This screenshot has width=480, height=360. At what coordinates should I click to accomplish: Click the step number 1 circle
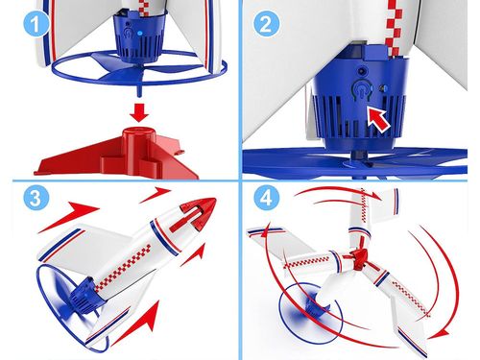[x=36, y=23]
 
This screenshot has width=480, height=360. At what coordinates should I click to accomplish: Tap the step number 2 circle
[x=266, y=23]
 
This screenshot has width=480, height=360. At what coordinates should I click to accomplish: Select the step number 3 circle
[x=36, y=197]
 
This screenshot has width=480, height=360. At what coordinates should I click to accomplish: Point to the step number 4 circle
[x=266, y=197]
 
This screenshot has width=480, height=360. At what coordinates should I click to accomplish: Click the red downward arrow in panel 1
[x=139, y=112]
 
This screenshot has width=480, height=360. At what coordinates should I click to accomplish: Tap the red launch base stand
[x=117, y=153]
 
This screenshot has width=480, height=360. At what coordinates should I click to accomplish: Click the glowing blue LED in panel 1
[x=139, y=33]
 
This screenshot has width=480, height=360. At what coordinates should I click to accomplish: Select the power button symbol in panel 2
[x=361, y=89]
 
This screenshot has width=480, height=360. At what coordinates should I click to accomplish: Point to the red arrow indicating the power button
[x=378, y=119]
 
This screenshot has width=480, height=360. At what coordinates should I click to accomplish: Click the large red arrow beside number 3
[x=68, y=216]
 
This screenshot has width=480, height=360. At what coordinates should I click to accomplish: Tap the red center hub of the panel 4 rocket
[x=357, y=257]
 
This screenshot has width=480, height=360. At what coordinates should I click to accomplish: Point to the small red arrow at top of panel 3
[x=155, y=194]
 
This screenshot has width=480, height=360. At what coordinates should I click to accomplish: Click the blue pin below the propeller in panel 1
[x=139, y=90]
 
